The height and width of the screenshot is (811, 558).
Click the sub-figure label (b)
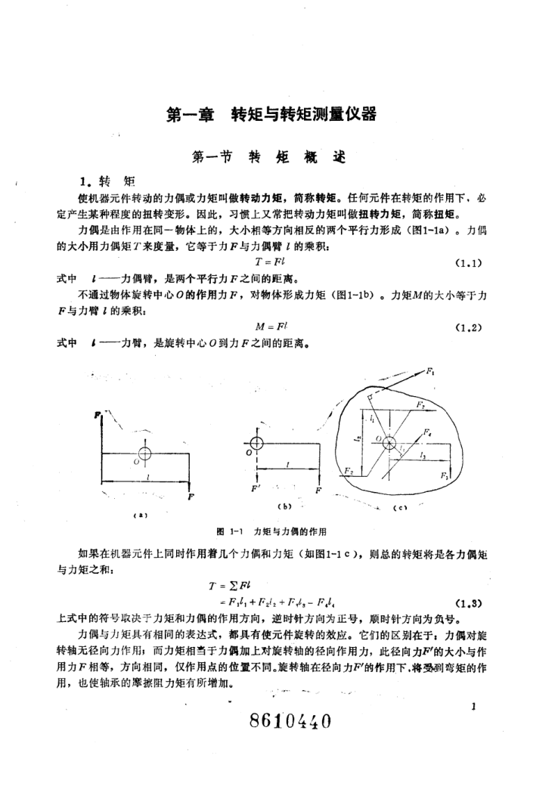[285, 506]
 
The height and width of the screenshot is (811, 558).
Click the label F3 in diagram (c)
[445, 477]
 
